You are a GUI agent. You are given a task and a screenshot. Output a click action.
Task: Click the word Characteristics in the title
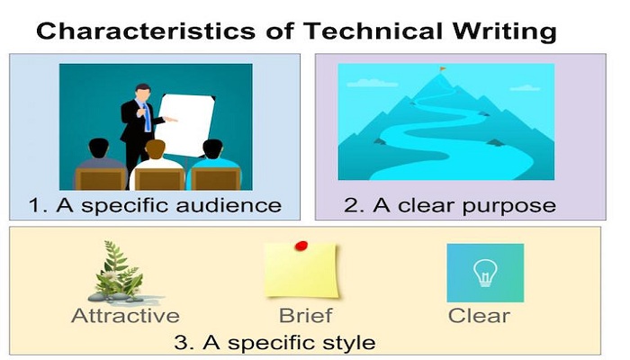coord(146,31)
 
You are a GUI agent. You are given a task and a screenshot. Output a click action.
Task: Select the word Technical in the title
coord(373,31)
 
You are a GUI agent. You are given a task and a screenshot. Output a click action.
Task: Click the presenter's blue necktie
coord(147,117)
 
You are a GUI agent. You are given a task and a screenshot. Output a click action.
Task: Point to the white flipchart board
coord(185,124)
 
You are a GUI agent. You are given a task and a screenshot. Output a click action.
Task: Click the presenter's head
coord(142,93)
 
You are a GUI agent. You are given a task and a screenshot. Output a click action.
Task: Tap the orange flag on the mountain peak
coord(443,69)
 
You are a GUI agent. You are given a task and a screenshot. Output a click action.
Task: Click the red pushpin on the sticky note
coord(301,246)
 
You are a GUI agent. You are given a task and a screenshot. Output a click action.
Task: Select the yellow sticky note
coord(301,270)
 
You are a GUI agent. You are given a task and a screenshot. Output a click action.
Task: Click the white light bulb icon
coord(485,273)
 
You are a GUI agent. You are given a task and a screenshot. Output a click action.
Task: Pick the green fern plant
coord(116,269)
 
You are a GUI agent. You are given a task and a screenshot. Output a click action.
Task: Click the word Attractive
coord(125,315)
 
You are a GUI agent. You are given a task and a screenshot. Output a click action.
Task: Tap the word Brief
coord(305,315)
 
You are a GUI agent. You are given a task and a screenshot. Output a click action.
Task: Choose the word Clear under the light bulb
coord(479,315)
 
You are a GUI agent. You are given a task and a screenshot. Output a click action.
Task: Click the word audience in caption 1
coord(229,205)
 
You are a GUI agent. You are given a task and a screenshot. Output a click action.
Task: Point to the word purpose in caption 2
coord(509,206)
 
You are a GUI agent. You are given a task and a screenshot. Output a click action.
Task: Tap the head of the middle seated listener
coord(155,149)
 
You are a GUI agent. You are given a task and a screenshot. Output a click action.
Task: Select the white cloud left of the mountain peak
coord(372,83)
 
